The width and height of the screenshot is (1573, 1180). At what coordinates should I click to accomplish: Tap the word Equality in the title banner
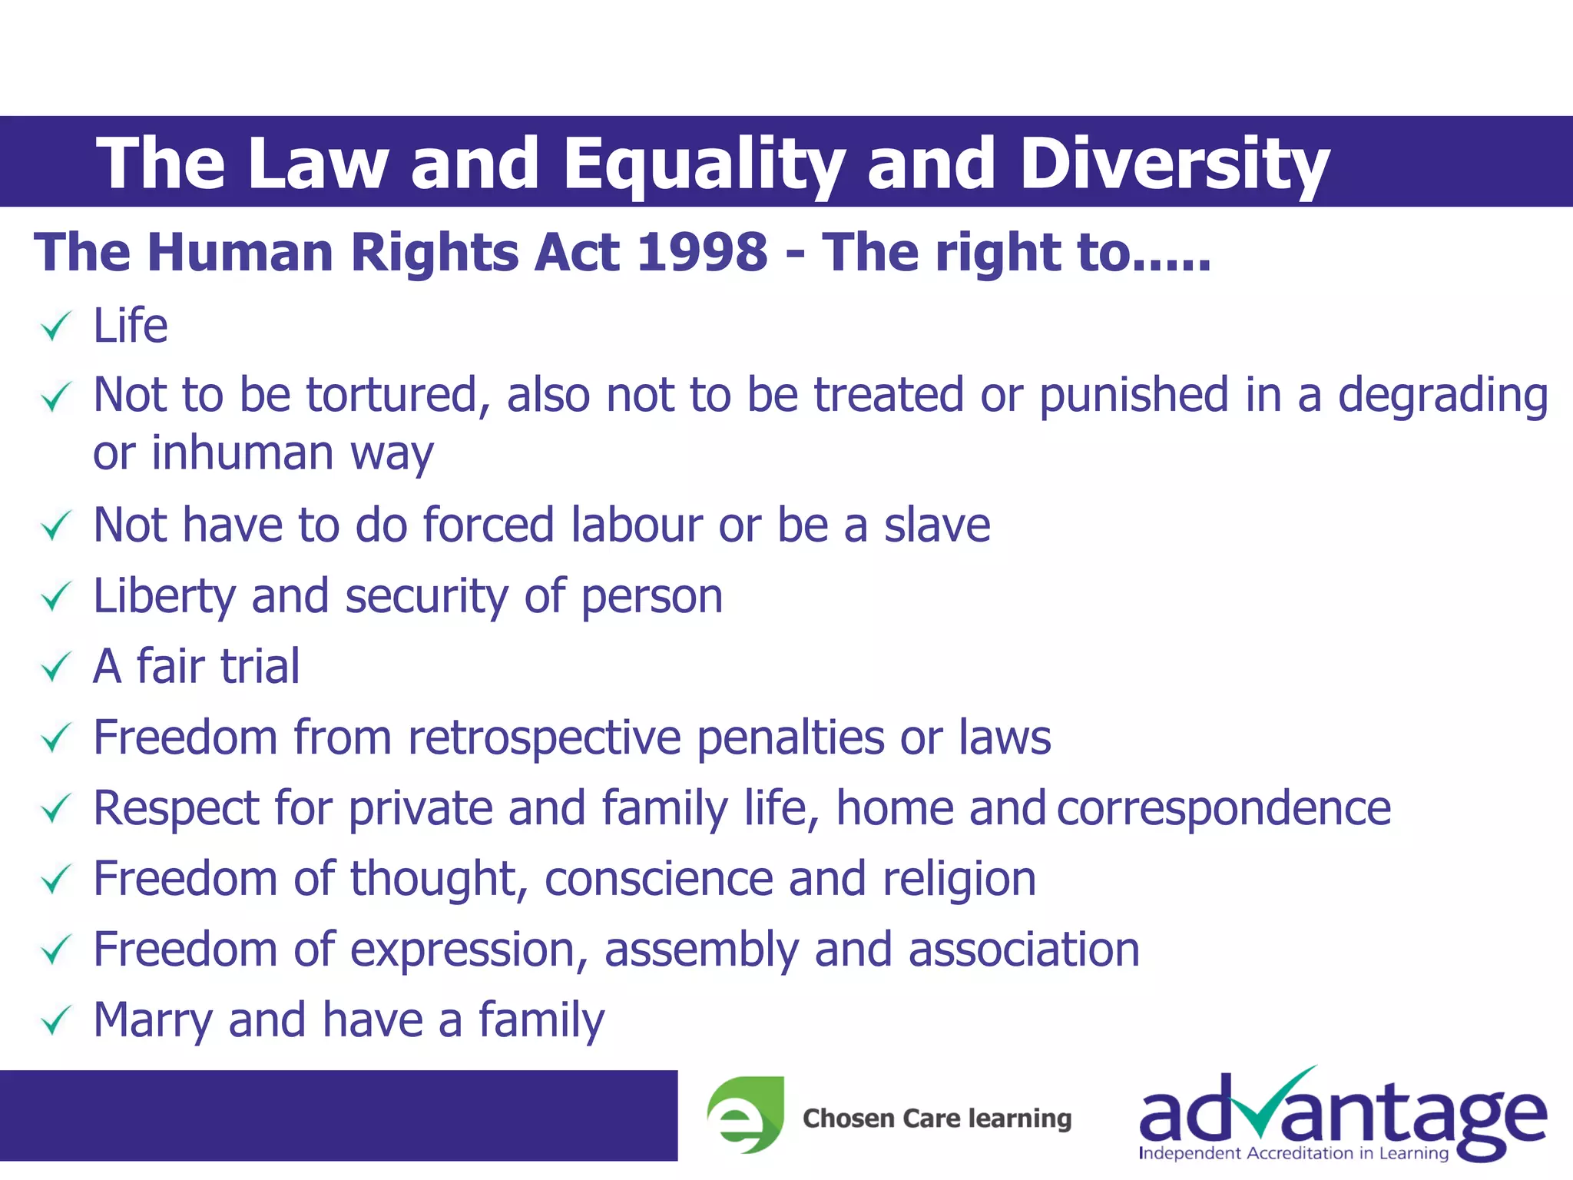(x=703, y=164)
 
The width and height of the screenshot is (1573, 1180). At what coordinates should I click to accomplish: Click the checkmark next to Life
(x=56, y=326)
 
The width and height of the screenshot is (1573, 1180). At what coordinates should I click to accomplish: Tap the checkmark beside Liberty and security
(x=56, y=597)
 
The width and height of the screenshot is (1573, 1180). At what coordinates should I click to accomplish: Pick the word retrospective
(x=544, y=737)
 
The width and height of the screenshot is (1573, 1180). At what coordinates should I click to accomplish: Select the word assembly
(x=701, y=950)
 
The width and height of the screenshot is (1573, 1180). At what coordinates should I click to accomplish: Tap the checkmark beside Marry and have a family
(x=56, y=1021)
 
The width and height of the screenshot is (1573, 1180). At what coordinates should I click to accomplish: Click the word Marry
(x=153, y=1021)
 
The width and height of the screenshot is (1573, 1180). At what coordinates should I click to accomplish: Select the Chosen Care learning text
(x=936, y=1118)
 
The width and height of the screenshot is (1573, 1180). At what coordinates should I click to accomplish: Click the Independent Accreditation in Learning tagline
(x=1293, y=1153)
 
